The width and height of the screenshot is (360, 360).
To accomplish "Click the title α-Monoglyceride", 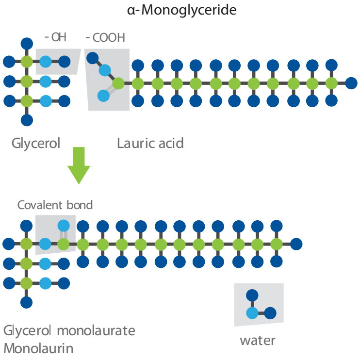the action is [181, 11].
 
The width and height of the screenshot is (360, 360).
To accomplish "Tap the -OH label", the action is [56, 37].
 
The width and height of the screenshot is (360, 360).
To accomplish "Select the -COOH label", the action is [105, 38].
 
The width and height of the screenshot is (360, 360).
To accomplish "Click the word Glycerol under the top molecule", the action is [36, 144].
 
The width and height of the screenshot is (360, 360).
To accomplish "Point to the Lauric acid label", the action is [150, 143].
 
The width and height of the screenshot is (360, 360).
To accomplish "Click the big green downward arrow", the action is [79, 165].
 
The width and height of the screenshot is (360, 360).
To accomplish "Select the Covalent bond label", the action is [55, 205].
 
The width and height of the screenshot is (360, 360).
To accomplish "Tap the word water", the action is [258, 341].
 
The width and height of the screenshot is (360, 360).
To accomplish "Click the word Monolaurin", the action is [39, 348].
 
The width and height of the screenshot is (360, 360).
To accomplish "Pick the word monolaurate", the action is [96, 331].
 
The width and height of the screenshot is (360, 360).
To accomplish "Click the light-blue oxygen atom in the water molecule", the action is [252, 313].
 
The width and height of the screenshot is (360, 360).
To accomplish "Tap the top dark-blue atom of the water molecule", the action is [252, 295].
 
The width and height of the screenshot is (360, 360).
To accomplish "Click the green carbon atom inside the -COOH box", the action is [118, 83].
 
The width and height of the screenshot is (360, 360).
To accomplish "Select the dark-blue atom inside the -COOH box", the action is [93, 58].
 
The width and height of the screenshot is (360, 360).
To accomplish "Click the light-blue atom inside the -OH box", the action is [46, 62].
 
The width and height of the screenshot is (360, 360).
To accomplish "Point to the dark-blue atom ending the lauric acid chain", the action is [351, 83].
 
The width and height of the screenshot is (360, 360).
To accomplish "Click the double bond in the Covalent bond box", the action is [64, 235].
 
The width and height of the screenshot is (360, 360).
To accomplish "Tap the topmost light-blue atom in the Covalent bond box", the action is [64, 226].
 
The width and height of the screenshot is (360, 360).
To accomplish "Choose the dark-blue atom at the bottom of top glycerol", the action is [27, 120].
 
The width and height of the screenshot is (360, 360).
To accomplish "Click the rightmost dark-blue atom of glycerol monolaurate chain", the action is [296, 244].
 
